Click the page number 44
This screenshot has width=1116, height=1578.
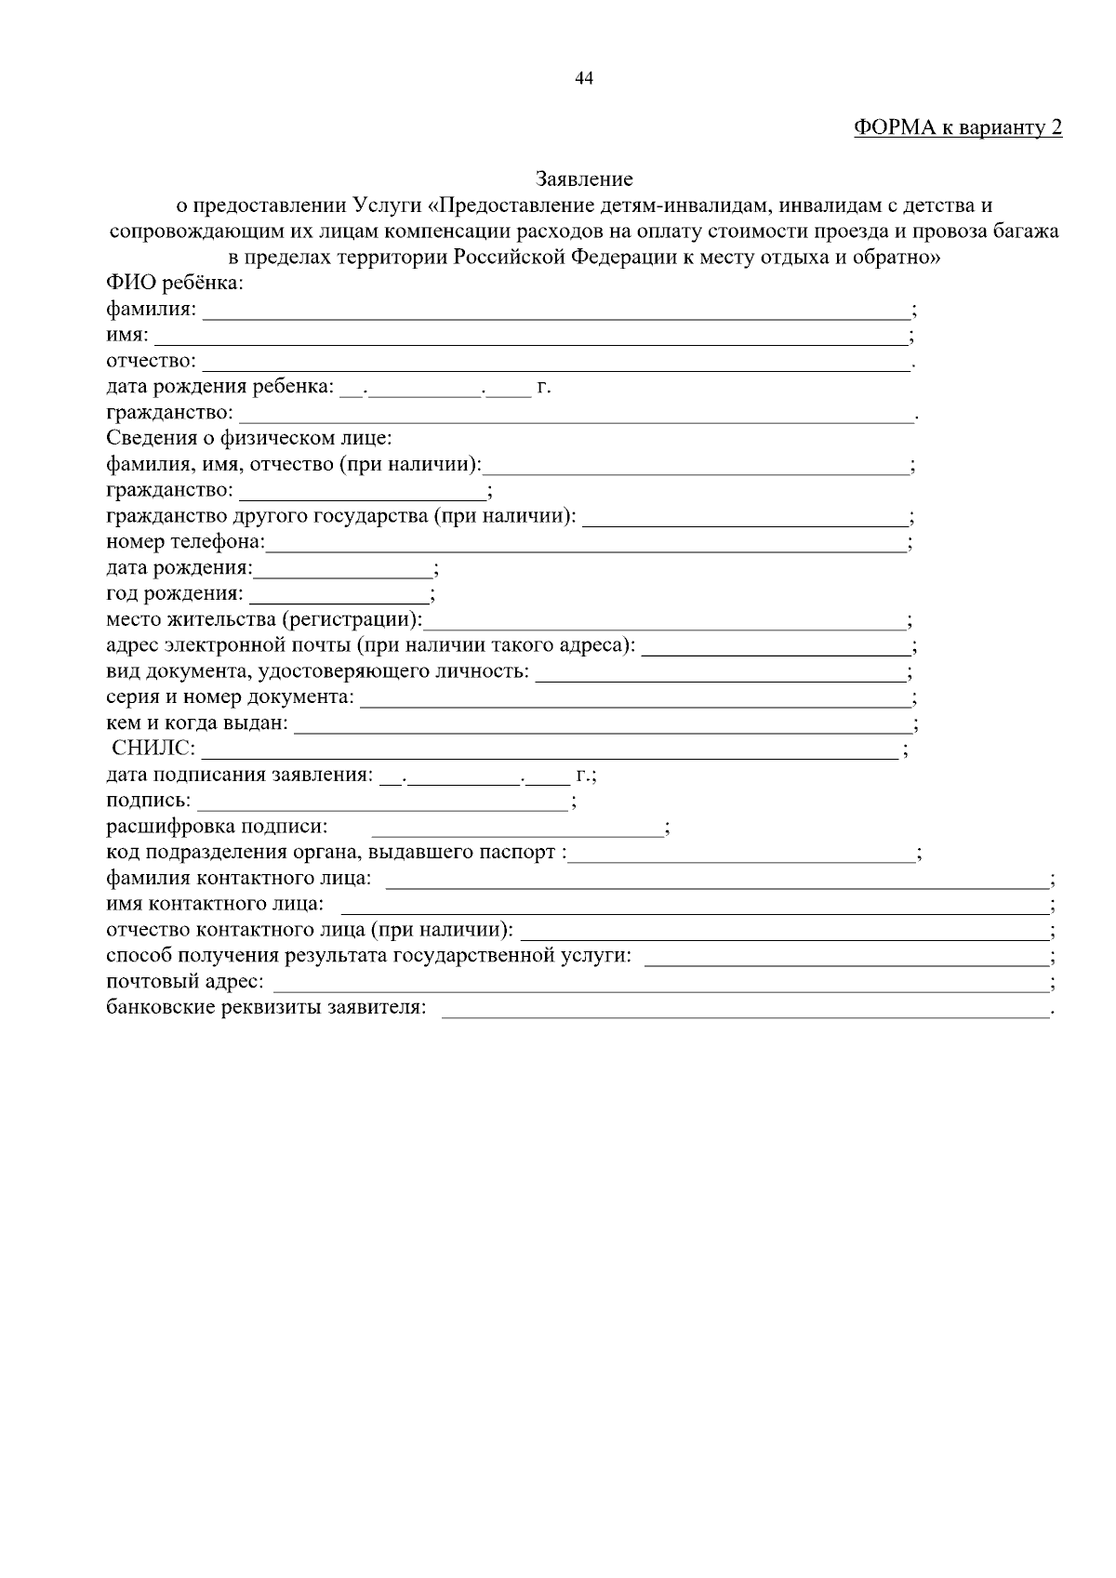[x=584, y=79]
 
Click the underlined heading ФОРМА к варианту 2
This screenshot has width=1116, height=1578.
[x=957, y=128]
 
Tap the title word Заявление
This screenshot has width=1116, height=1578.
[x=584, y=179]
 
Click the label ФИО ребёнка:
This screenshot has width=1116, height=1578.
[x=175, y=283]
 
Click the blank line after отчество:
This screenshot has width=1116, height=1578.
[x=556, y=365]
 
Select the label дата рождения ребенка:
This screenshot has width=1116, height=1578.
[x=219, y=387]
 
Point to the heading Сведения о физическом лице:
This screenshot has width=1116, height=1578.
[x=249, y=438]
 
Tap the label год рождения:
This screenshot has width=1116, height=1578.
[x=175, y=593]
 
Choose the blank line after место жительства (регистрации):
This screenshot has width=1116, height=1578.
[x=664, y=622]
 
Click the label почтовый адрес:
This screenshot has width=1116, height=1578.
[x=185, y=982]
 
